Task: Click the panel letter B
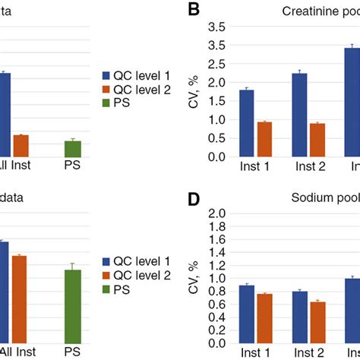[x=194, y=10]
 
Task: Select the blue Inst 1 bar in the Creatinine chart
[x=247, y=123]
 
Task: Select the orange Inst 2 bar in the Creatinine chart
[x=296, y=140]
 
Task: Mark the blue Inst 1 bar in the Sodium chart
[x=247, y=314]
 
